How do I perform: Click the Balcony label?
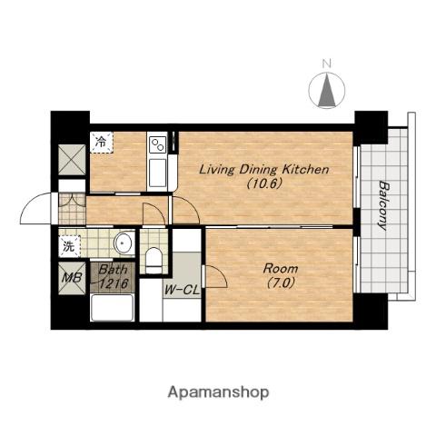click(382, 205)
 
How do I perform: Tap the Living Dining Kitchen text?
click(263, 169)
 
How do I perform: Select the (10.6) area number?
click(264, 183)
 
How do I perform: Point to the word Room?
click(281, 268)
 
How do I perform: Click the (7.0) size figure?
click(281, 283)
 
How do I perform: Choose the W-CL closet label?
click(182, 291)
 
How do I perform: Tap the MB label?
click(72, 278)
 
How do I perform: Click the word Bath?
click(113, 269)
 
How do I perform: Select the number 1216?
click(113, 283)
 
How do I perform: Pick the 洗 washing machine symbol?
click(70, 246)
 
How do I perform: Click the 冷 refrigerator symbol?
click(101, 142)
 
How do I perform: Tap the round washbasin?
click(124, 243)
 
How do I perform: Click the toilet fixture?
click(154, 260)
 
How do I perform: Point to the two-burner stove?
click(158, 144)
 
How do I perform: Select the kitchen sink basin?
click(158, 173)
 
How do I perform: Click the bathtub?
click(113, 307)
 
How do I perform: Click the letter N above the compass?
click(326, 64)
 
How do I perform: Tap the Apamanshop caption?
click(218, 392)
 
